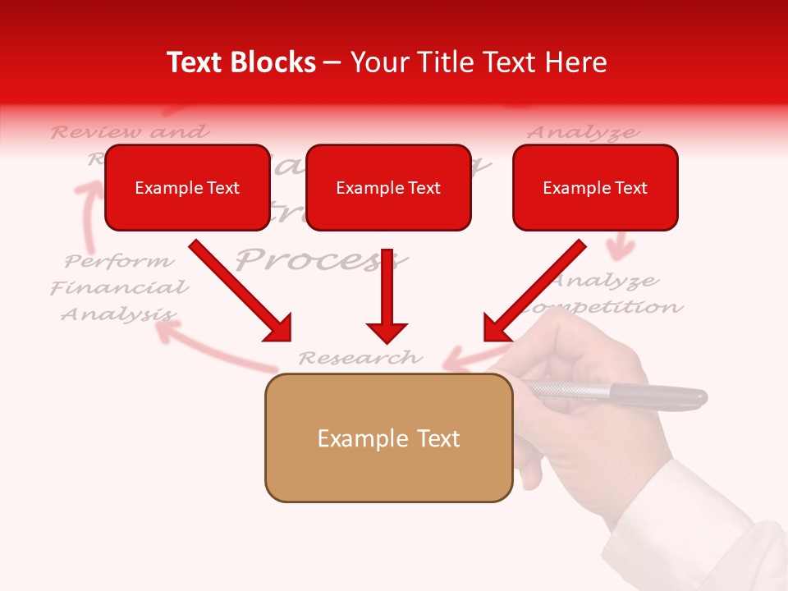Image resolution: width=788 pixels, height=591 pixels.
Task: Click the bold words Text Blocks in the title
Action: point(241,62)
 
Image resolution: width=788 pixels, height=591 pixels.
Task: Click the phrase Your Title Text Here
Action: point(479,62)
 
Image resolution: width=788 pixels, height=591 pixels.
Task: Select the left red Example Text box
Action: point(187,188)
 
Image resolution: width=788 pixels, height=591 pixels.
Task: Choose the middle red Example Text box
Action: point(388,188)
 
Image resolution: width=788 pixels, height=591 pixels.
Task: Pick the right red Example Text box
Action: point(595,188)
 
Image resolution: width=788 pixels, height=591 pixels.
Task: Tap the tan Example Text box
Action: point(388,438)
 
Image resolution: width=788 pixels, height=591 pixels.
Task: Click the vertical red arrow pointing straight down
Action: point(387,295)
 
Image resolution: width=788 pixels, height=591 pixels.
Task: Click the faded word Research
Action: point(360,358)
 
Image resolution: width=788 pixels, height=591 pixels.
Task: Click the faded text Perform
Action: point(120,262)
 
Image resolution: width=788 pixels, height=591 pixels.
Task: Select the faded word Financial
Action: point(119,288)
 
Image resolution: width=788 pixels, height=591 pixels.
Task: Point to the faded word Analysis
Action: point(117,314)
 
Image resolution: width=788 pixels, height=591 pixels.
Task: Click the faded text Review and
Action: point(130,131)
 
